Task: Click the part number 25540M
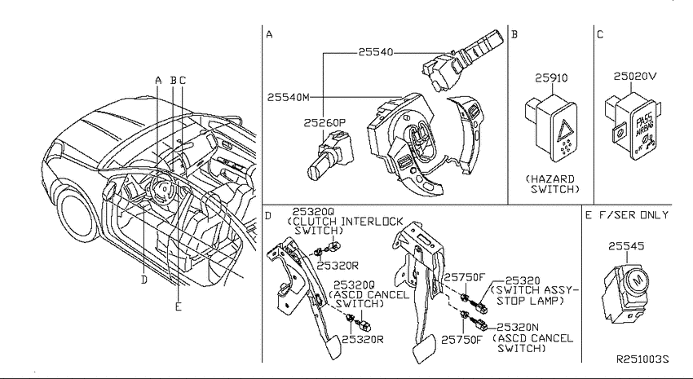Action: (289, 97)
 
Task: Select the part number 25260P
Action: (324, 123)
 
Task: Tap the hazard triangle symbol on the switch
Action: (565, 130)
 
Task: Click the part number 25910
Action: (551, 77)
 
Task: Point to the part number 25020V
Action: (634, 76)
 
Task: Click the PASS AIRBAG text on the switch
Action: (642, 126)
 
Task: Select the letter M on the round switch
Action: (638, 280)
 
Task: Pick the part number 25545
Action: (626, 246)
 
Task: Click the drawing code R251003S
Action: (643, 359)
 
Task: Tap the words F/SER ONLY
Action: (634, 215)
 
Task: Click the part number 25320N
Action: (518, 328)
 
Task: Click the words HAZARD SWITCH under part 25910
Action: (553, 183)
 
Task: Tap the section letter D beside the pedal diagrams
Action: (268, 215)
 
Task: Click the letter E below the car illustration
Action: (178, 306)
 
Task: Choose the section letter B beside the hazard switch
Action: (514, 34)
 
